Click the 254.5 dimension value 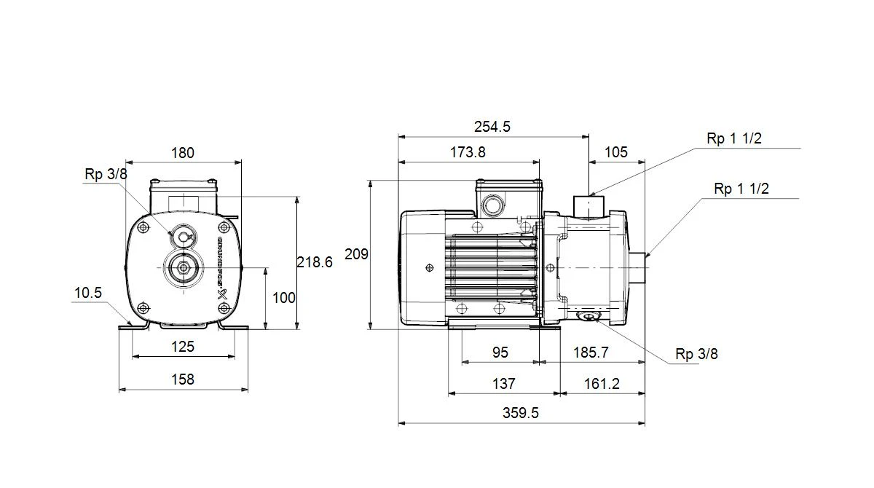pos(492,127)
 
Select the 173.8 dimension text pos(468,152)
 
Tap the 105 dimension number pos(616,152)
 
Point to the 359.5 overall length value pos(521,413)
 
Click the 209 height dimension pos(356,254)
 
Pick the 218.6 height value pos(315,262)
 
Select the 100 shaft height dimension pos(283,298)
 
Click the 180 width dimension pos(183,153)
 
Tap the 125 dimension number pos(183,347)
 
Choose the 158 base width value pos(183,379)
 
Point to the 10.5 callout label pos(88,293)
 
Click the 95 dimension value pos(500,353)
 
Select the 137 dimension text pos(504,384)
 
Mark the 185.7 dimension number pos(591,353)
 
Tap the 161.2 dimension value pos(602,384)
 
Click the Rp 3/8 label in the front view pos(106,174)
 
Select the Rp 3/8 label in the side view pos(696,354)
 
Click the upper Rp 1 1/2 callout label pos(734,138)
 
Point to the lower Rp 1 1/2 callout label pos(741,189)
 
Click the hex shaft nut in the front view pos(183,268)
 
